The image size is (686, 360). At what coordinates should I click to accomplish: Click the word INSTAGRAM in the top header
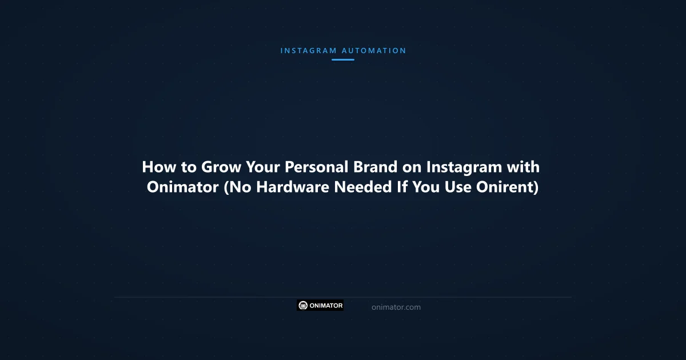(308, 51)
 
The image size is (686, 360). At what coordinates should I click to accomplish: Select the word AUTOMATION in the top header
(374, 51)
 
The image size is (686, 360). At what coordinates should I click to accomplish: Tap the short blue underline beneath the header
(343, 59)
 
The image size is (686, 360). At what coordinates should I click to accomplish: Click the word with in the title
(524, 167)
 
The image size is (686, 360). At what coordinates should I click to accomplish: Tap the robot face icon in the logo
(303, 306)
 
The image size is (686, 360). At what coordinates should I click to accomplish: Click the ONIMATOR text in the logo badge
(326, 306)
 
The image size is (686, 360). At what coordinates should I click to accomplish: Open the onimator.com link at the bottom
(396, 307)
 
